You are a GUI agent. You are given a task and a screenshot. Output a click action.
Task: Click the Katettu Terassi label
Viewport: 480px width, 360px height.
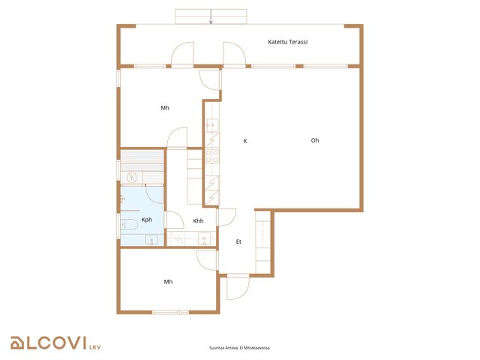point(287,42)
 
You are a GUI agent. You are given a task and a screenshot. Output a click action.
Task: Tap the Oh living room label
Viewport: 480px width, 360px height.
point(315,140)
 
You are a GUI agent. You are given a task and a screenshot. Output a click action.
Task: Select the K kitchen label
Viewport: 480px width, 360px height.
point(245,141)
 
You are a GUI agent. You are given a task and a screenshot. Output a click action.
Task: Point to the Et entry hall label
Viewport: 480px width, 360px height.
point(238,241)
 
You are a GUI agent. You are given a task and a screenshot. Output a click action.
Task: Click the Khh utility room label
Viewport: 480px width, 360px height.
point(198,220)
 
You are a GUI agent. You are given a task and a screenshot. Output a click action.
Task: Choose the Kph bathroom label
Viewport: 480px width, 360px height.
point(147,220)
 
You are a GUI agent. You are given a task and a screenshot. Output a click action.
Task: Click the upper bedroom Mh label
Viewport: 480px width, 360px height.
point(165,108)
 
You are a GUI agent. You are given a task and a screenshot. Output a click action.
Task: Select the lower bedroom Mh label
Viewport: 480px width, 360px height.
point(168,282)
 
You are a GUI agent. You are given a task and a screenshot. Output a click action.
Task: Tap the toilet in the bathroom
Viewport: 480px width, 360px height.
point(129,224)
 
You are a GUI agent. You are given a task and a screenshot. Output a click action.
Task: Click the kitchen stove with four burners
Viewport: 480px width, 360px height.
point(212,156)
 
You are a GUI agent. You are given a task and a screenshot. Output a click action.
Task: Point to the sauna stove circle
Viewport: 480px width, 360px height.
point(132,177)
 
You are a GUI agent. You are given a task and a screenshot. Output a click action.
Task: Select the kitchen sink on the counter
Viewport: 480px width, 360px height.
point(211,125)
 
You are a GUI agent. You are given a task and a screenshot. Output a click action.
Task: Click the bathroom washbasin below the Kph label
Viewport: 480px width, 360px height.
point(151,240)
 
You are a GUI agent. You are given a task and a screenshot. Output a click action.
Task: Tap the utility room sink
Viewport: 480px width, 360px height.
point(204,238)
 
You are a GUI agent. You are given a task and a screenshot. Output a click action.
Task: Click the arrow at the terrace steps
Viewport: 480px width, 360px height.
point(211,16)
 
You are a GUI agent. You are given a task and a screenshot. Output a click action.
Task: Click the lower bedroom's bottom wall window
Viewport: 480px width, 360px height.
point(170,312)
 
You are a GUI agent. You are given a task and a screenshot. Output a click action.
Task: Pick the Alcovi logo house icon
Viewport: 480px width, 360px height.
point(17,343)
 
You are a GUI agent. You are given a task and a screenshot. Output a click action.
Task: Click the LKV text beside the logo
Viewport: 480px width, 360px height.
point(95,347)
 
